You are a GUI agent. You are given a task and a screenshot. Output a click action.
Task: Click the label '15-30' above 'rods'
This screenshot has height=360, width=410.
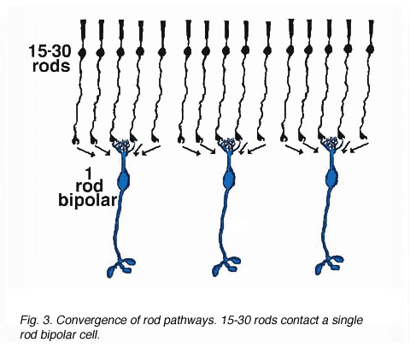click(50, 51)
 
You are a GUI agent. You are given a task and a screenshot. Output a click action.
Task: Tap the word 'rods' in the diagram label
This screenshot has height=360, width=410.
click(51, 66)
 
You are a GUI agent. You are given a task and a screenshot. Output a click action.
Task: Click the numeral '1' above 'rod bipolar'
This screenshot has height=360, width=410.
click(89, 173)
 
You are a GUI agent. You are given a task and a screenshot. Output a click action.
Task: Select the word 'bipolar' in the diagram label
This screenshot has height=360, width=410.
click(88, 200)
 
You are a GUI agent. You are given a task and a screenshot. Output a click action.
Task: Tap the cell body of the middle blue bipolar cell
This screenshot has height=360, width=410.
click(229, 180)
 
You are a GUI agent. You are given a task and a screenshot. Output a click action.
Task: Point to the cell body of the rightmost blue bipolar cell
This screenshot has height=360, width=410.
click(331, 179)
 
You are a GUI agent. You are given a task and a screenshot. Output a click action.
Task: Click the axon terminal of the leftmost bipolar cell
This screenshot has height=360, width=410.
click(121, 267)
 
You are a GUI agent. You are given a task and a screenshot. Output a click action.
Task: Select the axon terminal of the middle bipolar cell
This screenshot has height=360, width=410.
click(226, 266)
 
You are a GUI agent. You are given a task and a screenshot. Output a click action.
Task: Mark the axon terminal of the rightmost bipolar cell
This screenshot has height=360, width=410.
click(330, 265)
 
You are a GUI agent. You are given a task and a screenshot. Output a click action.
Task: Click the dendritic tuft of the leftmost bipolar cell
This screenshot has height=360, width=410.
click(123, 145)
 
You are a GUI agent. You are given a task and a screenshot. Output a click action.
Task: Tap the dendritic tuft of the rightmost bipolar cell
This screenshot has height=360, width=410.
click(331, 144)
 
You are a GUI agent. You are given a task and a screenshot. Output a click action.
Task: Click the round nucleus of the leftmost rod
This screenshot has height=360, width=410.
click(82, 52)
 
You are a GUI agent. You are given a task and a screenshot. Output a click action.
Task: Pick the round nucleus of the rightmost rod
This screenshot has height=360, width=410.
click(370, 49)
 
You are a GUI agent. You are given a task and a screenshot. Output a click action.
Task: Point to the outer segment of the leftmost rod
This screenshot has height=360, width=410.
click(83, 28)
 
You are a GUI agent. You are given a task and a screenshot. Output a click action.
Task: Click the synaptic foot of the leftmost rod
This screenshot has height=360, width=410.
click(75, 139)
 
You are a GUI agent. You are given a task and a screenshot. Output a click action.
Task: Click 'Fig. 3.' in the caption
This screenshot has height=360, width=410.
click(36, 321)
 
